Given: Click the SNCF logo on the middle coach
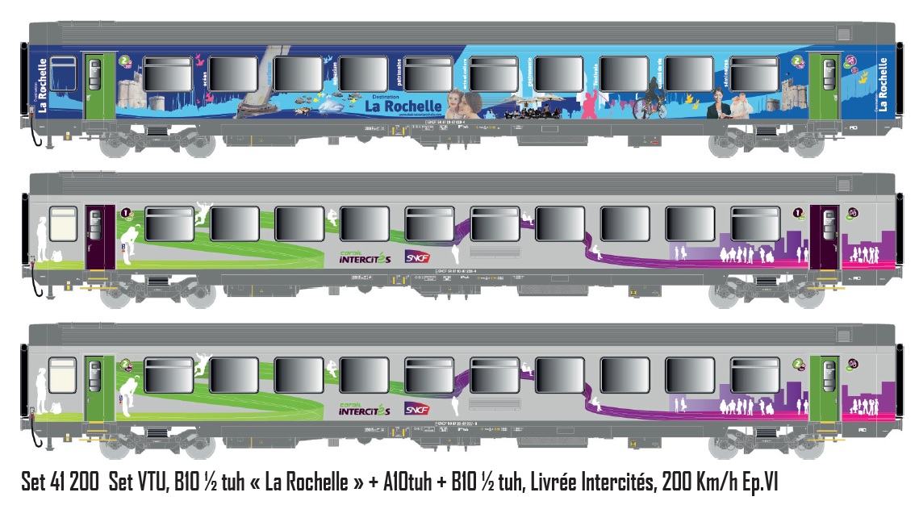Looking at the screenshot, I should point(417,257).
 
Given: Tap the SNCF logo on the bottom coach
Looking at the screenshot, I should point(417,408).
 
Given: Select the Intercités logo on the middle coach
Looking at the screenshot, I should point(365,257).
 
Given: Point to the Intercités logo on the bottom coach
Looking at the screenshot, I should point(365,408).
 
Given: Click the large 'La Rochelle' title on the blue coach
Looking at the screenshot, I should point(403,106).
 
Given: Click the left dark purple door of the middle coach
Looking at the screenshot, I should point(95,236).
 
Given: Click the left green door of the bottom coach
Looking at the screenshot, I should point(94,386).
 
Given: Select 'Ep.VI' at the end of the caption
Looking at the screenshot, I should point(758,482).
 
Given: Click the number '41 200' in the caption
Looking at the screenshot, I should point(78,482).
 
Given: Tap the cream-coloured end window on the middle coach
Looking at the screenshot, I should point(63,223).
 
